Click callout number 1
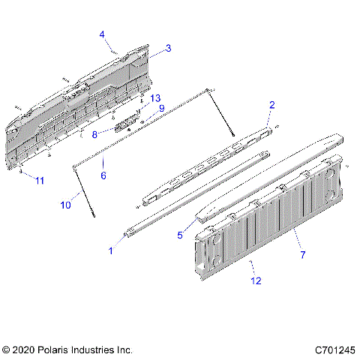coord(112,251)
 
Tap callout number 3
coord(168,48)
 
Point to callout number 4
coord(102,34)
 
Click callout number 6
coord(103,175)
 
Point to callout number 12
coord(256,281)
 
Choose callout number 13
coord(155,98)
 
